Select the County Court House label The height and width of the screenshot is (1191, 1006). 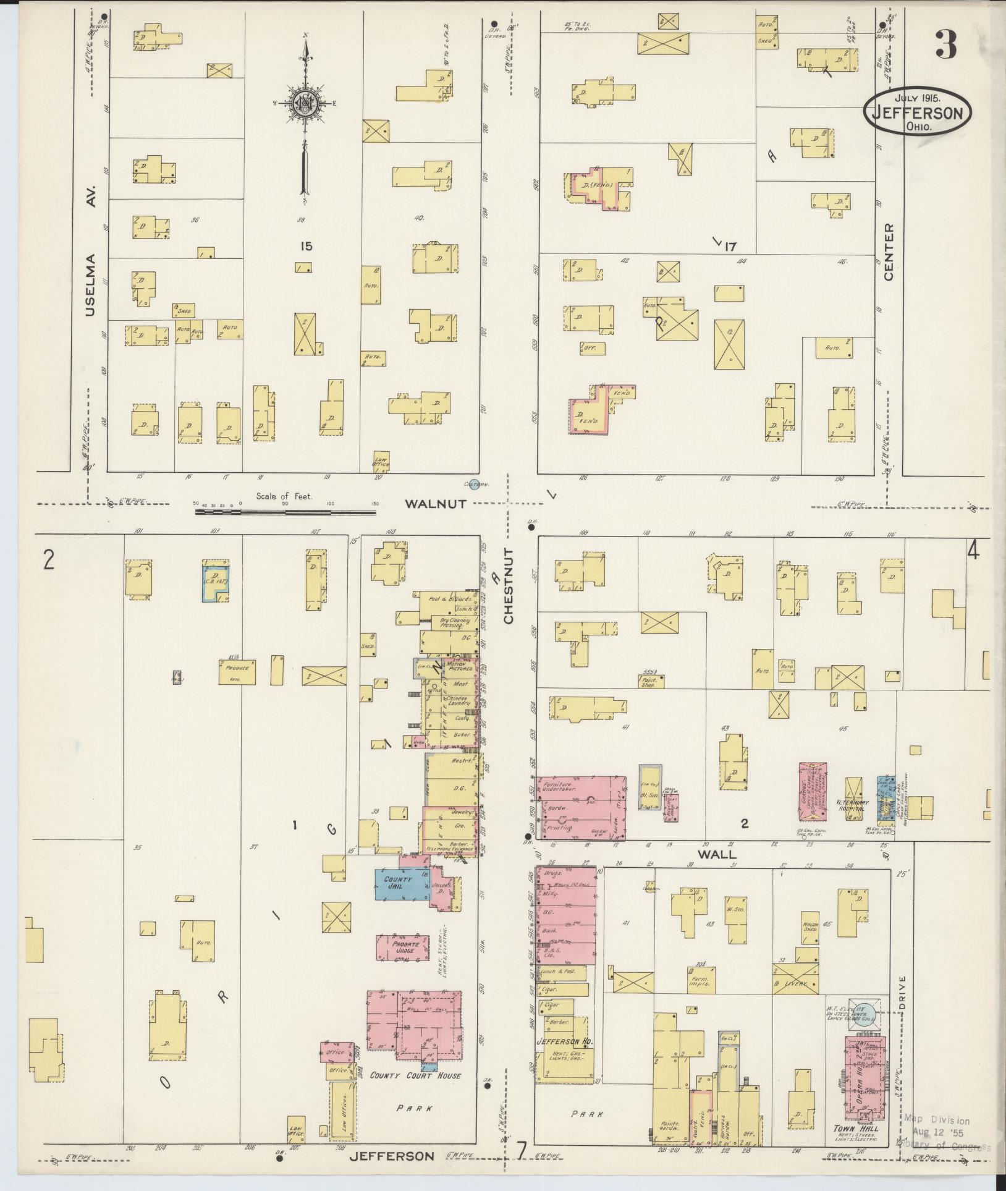(415, 1075)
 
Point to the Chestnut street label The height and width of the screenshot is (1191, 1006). (509, 585)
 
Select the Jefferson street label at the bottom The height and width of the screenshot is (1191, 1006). (392, 1156)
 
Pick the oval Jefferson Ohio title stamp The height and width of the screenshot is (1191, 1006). (917, 111)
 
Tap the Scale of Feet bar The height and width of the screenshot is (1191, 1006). (285, 511)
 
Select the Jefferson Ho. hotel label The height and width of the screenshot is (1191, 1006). (565, 1041)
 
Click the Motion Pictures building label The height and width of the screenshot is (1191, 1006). (460, 666)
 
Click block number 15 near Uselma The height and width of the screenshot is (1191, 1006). (306, 246)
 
